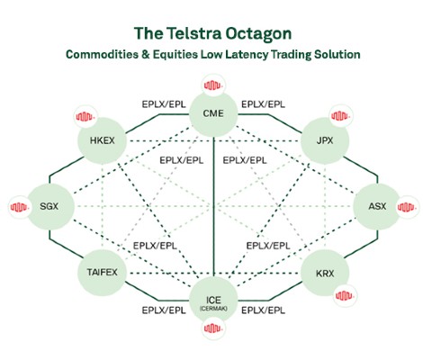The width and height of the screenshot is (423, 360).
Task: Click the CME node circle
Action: coord(213,113)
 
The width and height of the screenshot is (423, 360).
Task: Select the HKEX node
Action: coord(102,140)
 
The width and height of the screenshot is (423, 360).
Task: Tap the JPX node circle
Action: coord(325,140)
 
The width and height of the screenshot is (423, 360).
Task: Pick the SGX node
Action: coord(49,206)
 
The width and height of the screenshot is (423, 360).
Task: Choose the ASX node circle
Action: coord(377,206)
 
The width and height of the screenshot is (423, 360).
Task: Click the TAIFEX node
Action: coord(102,273)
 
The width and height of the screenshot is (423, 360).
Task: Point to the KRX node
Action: coord(325,274)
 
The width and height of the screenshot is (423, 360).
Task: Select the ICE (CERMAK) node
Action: coord(213,301)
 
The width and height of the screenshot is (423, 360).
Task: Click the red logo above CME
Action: coord(213,85)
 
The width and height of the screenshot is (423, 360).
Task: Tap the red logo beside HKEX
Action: coord(85,116)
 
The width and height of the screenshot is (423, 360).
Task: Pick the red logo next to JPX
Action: coord(341,116)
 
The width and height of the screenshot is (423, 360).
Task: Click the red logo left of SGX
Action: coord(20,207)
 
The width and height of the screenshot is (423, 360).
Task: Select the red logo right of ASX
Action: coord(408,207)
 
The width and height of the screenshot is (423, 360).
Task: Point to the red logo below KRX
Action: coord(345,296)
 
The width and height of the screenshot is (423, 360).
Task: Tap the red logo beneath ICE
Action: coord(213,328)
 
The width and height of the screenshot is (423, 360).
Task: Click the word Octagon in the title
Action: coord(258,33)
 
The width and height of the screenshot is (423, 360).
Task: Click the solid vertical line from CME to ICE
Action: coord(213,207)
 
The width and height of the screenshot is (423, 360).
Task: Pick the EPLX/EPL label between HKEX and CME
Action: coord(164,104)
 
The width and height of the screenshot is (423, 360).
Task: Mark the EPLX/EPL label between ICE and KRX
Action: coord(263,310)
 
